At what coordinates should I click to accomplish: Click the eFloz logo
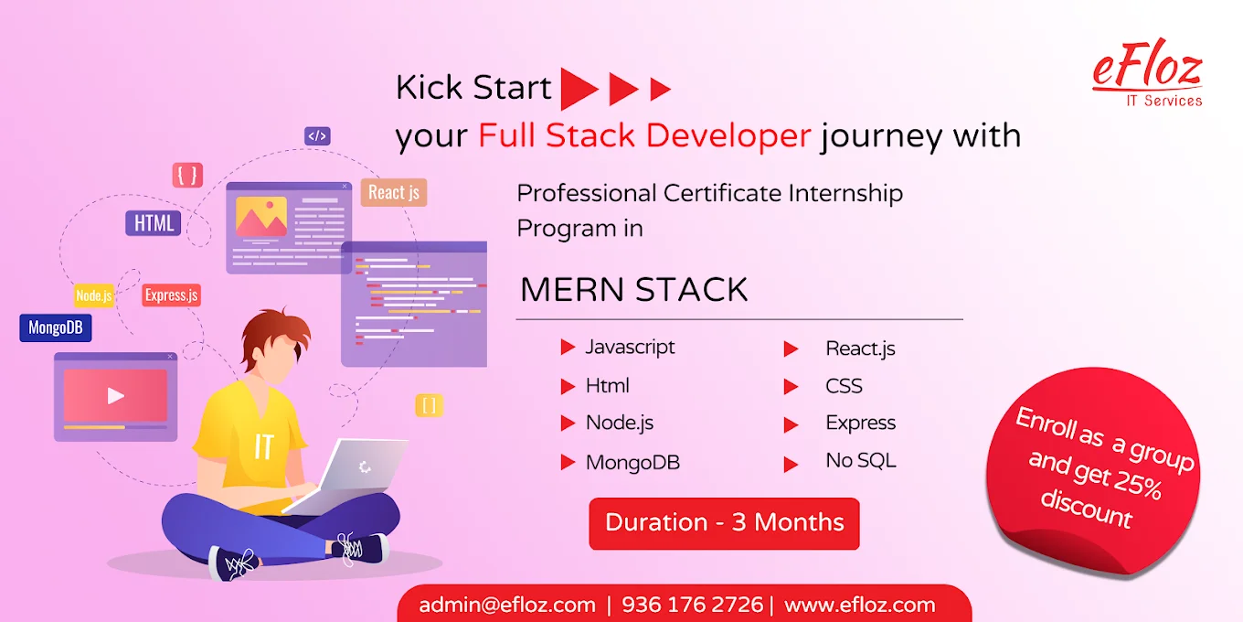1147,73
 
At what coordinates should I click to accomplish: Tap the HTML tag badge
154,223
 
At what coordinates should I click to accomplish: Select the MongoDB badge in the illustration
56,327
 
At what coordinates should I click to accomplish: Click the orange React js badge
394,192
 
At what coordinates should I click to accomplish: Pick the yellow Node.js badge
94,295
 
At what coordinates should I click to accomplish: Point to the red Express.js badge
172,295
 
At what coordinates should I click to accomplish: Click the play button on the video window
115,396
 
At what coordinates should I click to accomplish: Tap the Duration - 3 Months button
724,523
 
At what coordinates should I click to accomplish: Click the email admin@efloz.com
507,605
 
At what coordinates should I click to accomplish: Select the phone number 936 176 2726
692,605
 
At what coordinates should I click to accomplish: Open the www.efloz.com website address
859,605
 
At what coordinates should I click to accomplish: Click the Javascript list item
630,348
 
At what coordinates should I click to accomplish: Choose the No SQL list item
861,460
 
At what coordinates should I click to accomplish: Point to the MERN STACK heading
633,290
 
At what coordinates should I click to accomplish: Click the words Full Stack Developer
644,136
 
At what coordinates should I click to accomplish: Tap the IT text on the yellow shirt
263,446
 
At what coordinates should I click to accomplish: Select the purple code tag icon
317,136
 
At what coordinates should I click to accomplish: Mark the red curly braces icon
187,176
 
